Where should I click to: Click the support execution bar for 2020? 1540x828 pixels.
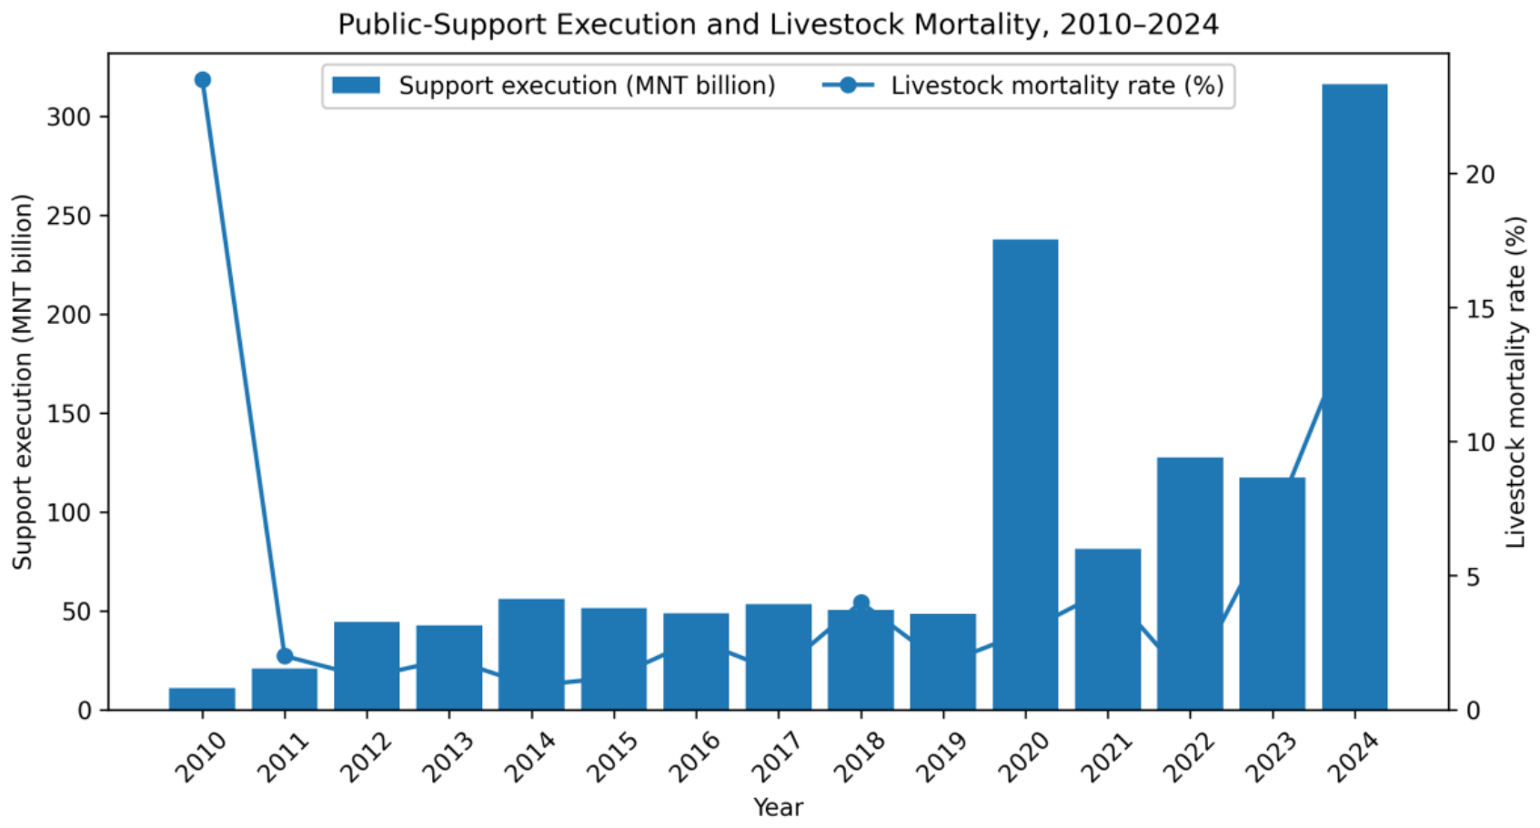[1025, 475]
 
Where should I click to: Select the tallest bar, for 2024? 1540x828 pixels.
[1354, 397]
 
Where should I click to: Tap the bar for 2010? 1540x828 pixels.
[202, 699]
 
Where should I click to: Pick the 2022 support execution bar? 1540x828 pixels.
[1190, 583]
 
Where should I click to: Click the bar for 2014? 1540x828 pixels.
[531, 654]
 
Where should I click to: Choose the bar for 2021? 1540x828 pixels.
[1108, 630]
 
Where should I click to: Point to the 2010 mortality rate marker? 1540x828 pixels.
[202, 80]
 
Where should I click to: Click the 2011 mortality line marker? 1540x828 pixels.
[285, 656]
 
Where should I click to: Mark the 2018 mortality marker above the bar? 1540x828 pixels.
[861, 603]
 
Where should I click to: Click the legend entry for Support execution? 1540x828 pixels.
[553, 86]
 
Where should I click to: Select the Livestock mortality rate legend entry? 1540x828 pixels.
[1023, 86]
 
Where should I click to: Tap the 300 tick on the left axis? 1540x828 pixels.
[68, 116]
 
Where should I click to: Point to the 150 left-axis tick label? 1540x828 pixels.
[68, 414]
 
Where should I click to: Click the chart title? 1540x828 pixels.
[779, 25]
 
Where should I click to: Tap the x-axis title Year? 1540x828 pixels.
[779, 807]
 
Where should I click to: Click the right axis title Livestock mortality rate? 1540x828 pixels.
[1515, 382]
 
